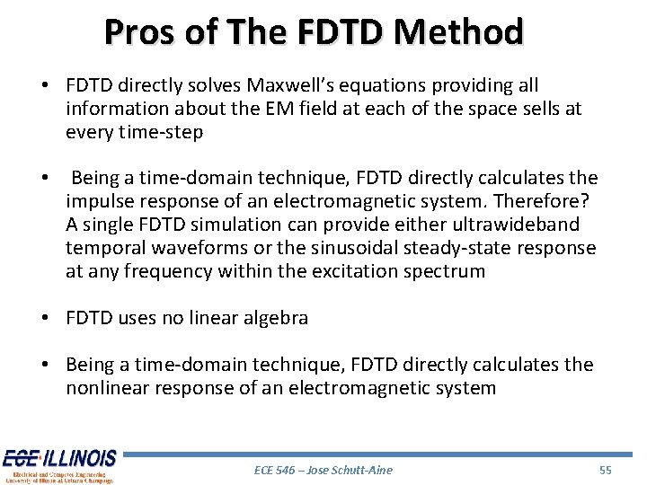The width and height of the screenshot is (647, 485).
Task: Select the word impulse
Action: point(99,201)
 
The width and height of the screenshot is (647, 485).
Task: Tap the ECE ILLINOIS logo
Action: point(58,465)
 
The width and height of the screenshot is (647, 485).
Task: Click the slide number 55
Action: point(606,470)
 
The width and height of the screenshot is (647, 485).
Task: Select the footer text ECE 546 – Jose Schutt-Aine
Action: point(323,470)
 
